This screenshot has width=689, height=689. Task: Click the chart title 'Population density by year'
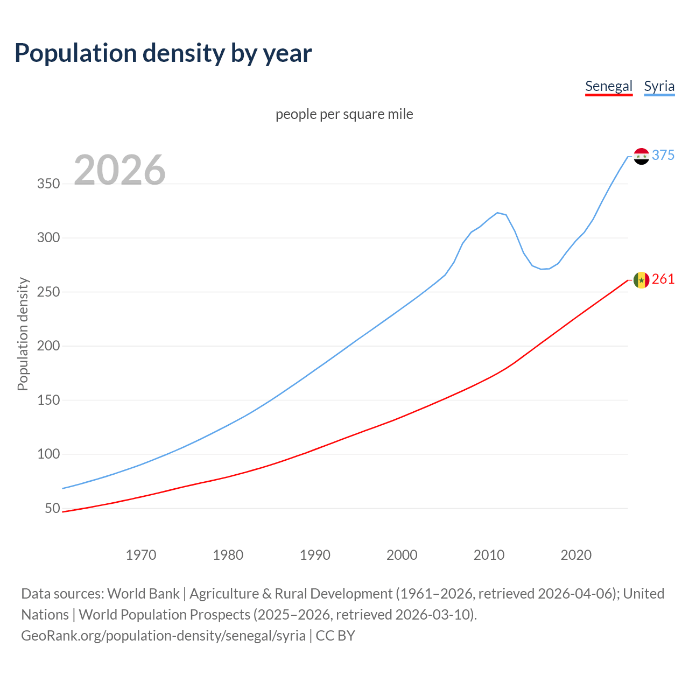(163, 53)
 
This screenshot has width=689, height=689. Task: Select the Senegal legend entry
(608, 86)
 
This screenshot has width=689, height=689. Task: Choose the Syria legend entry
(659, 86)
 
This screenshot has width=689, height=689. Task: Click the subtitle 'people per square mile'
(344, 115)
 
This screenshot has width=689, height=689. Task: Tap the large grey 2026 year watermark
(119, 170)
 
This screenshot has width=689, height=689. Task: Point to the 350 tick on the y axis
(48, 184)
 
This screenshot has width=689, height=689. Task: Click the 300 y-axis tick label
(48, 238)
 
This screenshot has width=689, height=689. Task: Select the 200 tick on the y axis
(48, 346)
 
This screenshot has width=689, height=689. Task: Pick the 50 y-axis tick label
(52, 509)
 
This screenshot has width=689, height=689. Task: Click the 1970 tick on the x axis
(141, 555)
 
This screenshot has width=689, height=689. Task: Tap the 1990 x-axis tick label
(315, 555)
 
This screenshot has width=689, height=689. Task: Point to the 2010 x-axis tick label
(489, 555)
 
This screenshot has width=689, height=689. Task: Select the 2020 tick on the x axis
(576, 555)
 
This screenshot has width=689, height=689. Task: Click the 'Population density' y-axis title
(23, 334)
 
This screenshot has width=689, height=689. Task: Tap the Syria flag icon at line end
(641, 156)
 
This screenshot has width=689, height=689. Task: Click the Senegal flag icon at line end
(641, 280)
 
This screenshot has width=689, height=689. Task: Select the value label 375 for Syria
(663, 156)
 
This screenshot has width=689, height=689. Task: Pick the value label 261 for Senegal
(663, 279)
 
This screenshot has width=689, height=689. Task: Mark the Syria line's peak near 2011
(497, 213)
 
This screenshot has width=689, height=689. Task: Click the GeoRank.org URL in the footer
(163, 636)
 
